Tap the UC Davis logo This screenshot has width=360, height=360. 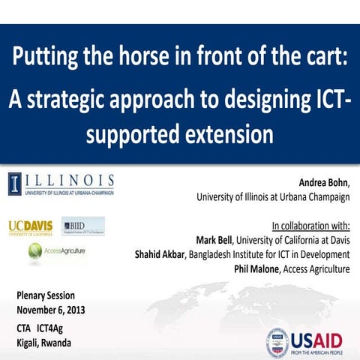[x=31, y=226]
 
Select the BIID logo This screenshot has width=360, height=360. [x=82, y=226]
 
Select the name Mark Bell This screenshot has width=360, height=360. [x=215, y=240]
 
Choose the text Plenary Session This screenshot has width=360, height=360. [x=45, y=295]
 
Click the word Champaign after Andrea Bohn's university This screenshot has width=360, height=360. [x=325, y=197]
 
